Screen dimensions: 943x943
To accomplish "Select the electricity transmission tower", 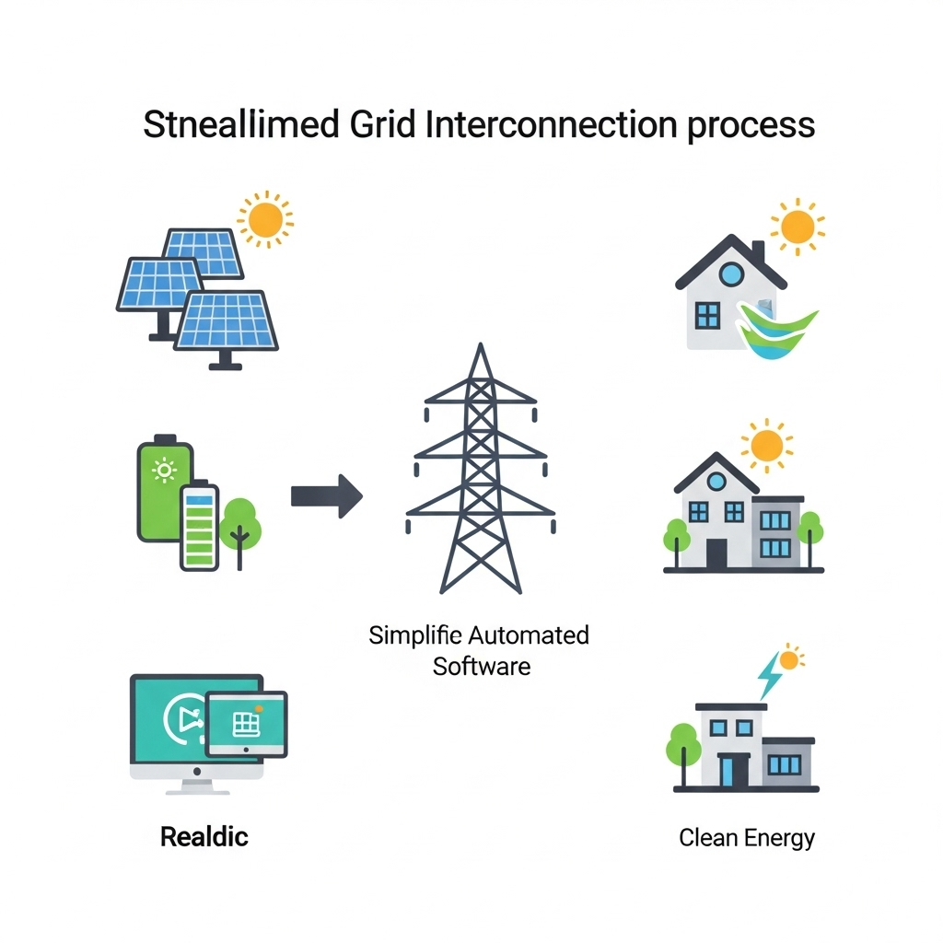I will [x=480, y=470].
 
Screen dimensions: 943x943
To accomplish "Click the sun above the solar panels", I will [x=265, y=219].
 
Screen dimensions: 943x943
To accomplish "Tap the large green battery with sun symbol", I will [x=166, y=488].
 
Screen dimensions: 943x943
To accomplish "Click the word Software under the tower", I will [x=482, y=666].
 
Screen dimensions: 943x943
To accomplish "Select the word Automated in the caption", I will [x=529, y=635].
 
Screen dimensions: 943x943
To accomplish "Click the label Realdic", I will [x=204, y=837].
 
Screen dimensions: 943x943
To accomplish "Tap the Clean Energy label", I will [x=747, y=838].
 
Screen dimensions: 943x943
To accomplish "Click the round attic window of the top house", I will [x=730, y=274].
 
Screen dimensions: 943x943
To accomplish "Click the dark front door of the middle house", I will [x=716, y=553].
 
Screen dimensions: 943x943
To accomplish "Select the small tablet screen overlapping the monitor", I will [x=246, y=726].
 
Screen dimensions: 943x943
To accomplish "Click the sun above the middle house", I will [x=766, y=445].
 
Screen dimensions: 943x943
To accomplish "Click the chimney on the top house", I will [x=757, y=252].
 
